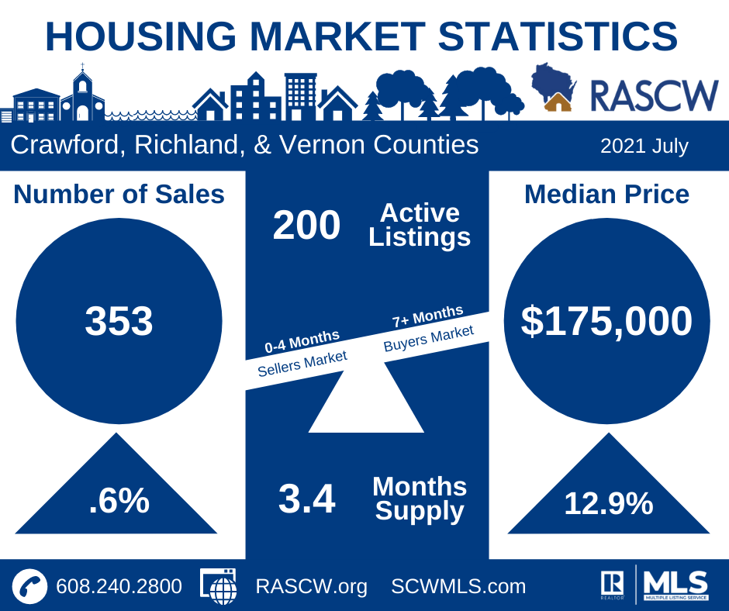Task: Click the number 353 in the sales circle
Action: click(119, 321)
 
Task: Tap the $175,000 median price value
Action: click(606, 321)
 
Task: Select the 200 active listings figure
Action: click(306, 226)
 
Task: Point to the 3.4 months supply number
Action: click(306, 499)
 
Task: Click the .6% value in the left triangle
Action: click(119, 502)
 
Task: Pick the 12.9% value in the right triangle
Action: click(608, 504)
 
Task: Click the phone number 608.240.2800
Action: click(119, 586)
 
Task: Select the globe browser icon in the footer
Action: click(219, 586)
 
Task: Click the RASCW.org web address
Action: click(311, 586)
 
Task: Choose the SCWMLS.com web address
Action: click(458, 586)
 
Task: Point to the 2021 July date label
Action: click(644, 146)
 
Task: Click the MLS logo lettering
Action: click(675, 582)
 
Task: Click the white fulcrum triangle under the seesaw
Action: click(364, 407)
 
